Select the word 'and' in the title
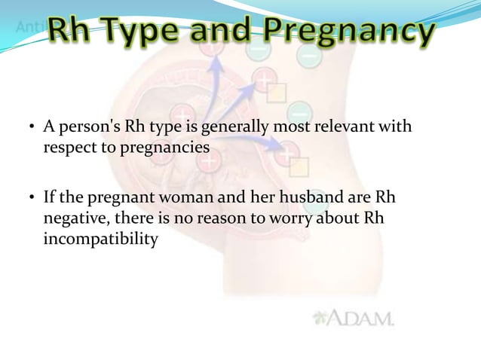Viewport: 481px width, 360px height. click(228, 32)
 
